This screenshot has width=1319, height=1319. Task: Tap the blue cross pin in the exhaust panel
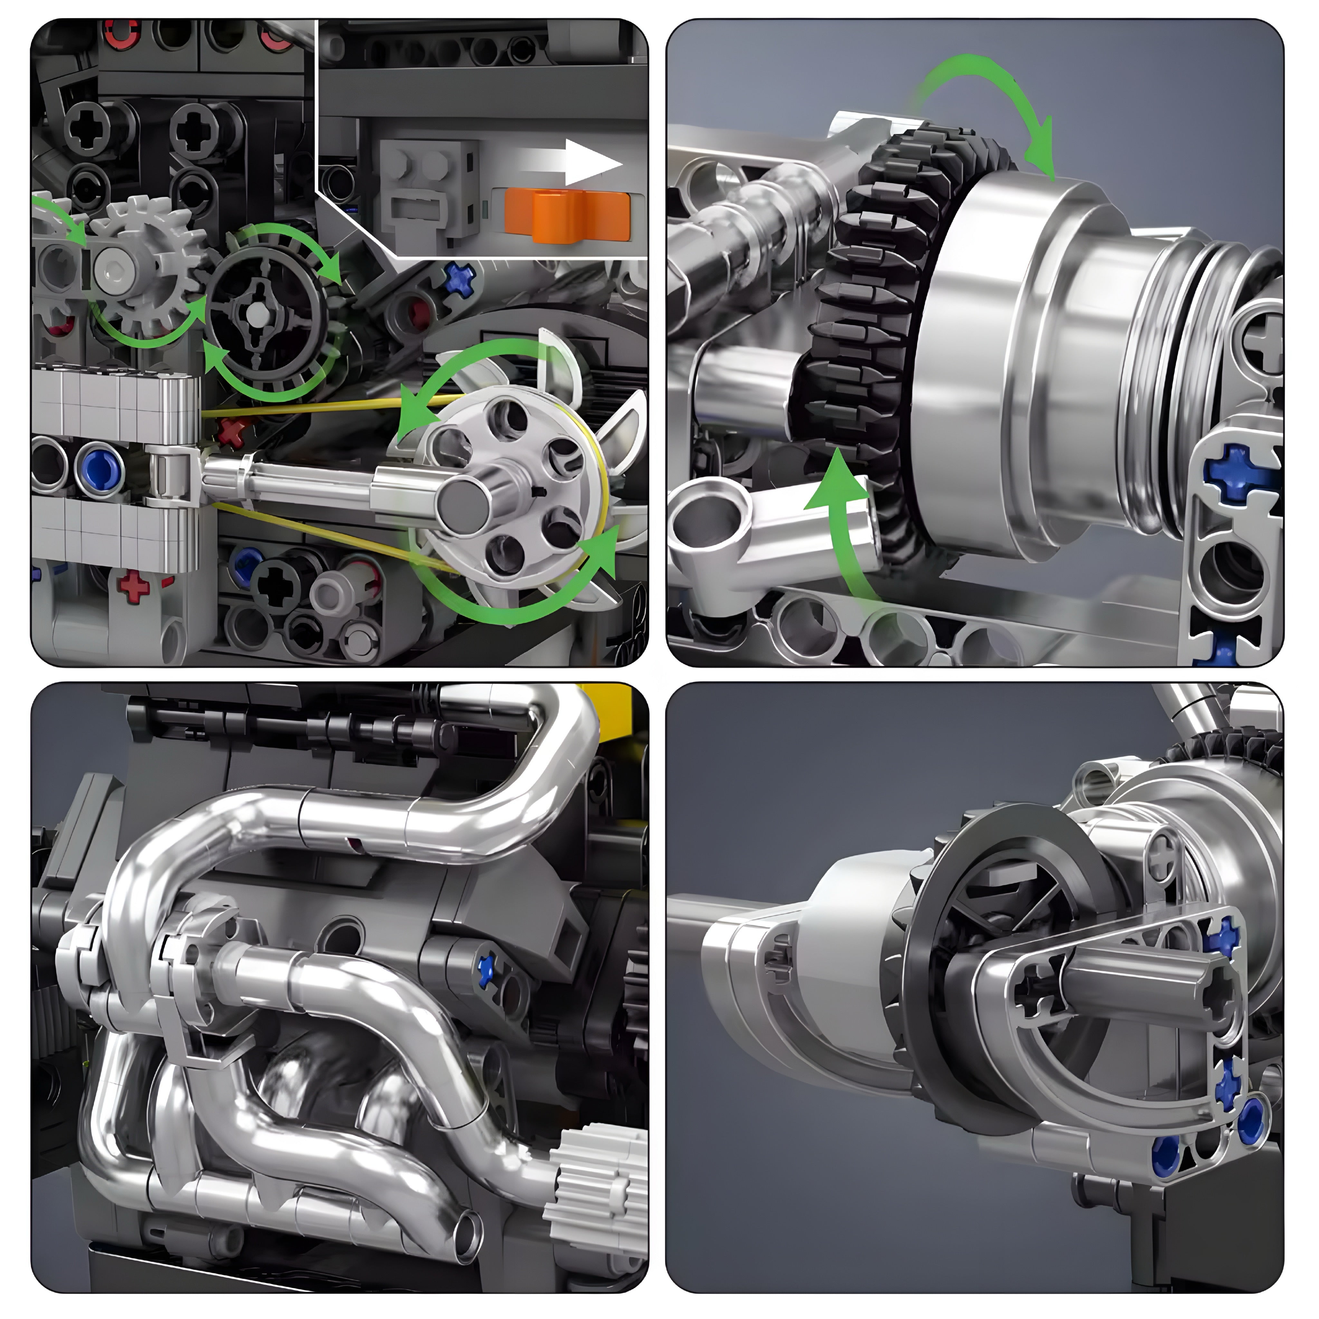click(486, 970)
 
